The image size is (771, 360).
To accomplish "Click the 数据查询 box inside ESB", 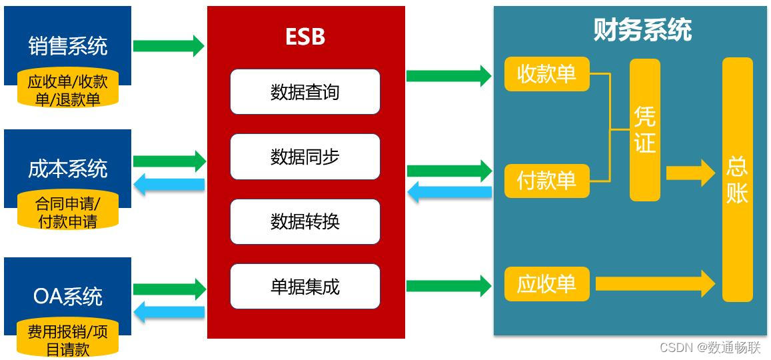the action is (x=305, y=92).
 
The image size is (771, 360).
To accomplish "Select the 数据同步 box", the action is (x=305, y=157).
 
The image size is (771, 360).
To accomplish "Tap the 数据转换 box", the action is (x=305, y=221).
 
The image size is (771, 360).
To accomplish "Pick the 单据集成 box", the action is (x=305, y=286).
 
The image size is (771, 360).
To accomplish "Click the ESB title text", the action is (x=305, y=37).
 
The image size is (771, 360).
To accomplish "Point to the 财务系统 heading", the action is (x=642, y=30).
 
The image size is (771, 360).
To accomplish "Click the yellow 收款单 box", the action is (x=546, y=74).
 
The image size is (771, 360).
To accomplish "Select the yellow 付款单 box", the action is (x=546, y=181).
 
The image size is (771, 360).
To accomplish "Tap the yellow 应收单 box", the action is (x=546, y=284).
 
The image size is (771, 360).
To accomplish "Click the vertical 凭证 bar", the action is (x=645, y=130).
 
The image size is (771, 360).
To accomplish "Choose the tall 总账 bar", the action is (x=738, y=179).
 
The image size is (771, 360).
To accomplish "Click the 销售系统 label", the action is (x=68, y=46).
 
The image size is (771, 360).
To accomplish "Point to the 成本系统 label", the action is (x=68, y=169).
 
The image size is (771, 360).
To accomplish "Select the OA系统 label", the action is (x=68, y=296).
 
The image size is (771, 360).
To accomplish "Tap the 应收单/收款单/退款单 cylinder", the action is (x=68, y=90).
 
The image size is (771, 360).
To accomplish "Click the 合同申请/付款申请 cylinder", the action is (x=68, y=212).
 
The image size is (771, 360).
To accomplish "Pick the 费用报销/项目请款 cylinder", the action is (x=68, y=340).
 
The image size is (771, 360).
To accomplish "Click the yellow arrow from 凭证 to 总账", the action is (x=690, y=173).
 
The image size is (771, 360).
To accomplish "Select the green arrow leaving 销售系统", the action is (x=169, y=46).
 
